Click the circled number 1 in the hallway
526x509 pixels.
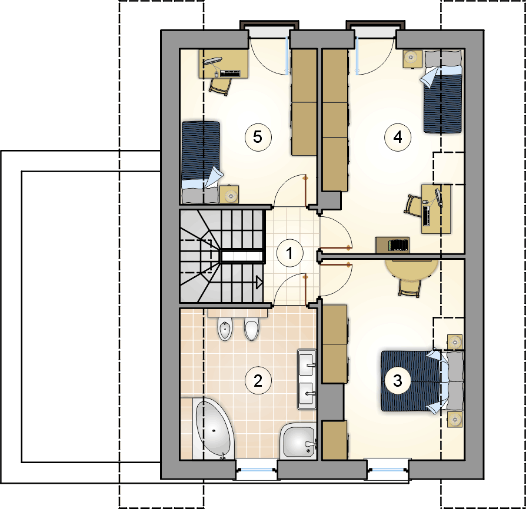(x=290, y=253)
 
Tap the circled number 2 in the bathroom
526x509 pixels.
(x=258, y=381)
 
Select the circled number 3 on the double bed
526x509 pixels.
(x=398, y=381)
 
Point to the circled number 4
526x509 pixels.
(x=398, y=137)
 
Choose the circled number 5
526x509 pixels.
(x=258, y=137)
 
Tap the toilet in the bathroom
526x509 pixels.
(x=252, y=329)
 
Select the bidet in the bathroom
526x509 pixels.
(x=225, y=329)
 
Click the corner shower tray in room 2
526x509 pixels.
(x=298, y=441)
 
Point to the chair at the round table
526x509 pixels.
(x=410, y=288)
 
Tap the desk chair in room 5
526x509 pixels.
(x=219, y=86)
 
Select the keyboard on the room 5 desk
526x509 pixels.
(x=230, y=73)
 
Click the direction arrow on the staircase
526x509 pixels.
(x=259, y=283)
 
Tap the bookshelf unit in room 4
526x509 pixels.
(x=392, y=245)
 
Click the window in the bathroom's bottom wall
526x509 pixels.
(x=257, y=470)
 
